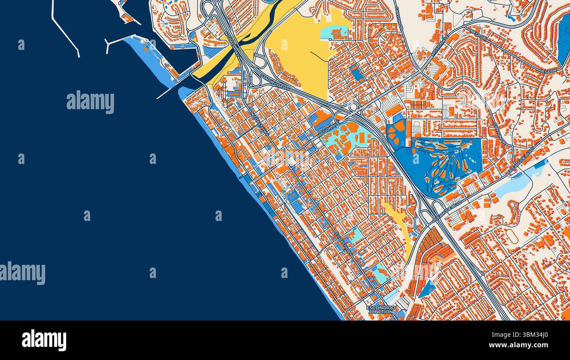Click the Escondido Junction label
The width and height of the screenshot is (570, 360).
381,310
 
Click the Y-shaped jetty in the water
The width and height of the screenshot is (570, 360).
118,42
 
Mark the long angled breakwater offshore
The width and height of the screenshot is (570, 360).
65,31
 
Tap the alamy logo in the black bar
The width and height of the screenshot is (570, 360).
44,340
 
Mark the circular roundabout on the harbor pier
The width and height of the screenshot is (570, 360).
142,41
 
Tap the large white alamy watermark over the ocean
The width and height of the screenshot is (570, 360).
90,102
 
